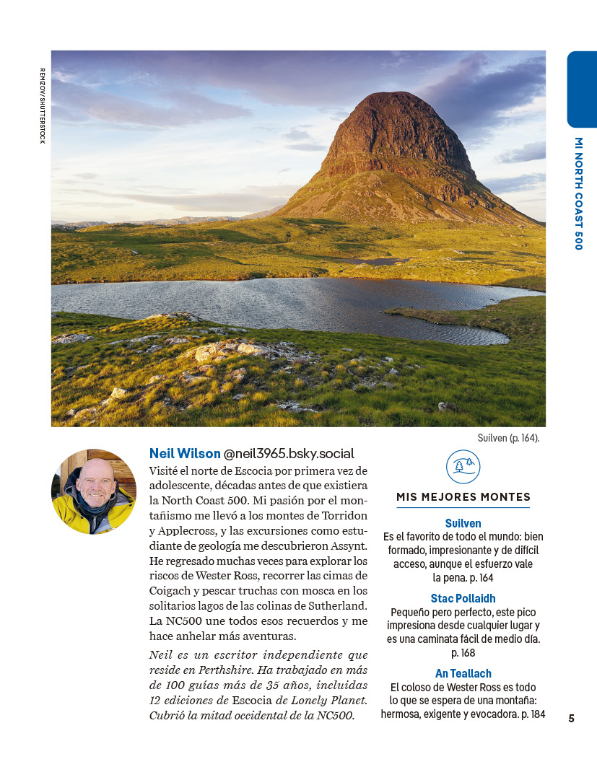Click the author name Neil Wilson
coord(185,454)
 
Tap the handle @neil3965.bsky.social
coord(289,454)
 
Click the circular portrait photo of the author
coord(93,491)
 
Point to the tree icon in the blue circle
coord(463,465)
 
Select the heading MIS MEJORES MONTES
coord(463,497)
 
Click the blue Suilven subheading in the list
coord(463,523)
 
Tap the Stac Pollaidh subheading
coord(463,599)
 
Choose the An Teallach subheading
coord(463,674)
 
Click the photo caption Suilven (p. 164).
coord(508,438)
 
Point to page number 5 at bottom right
coord(571,718)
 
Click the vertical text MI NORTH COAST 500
coord(578,193)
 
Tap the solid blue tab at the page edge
coord(582,89)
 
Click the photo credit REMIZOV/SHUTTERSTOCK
coord(42,105)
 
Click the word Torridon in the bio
coord(342,515)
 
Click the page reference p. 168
coord(463,653)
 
